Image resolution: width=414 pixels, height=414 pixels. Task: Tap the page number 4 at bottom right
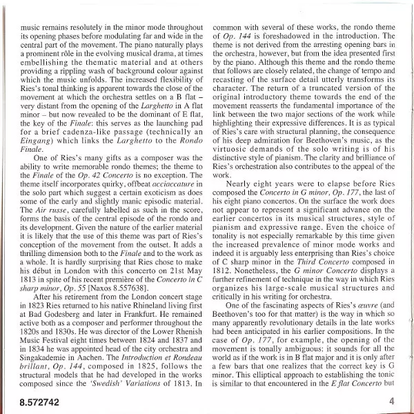coord(391,400)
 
